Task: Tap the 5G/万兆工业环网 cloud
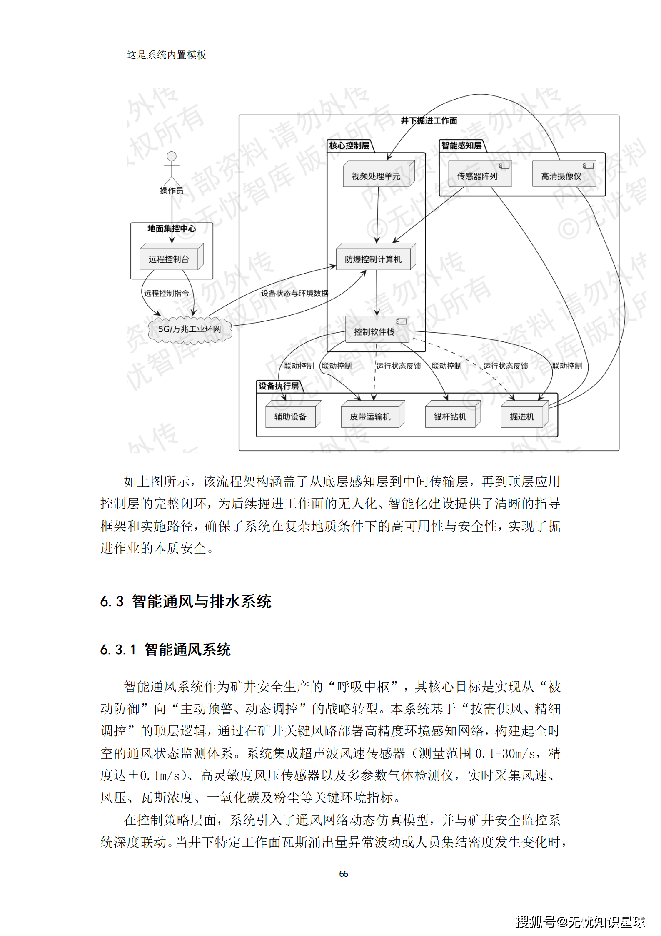(190, 329)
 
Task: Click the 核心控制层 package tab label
(349, 146)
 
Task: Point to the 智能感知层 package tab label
(461, 146)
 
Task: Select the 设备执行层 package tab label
(279, 386)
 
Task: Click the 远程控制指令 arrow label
(166, 294)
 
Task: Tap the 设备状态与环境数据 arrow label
(294, 294)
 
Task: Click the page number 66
(344, 873)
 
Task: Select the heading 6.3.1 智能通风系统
(165, 650)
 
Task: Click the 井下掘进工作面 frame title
(429, 121)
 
